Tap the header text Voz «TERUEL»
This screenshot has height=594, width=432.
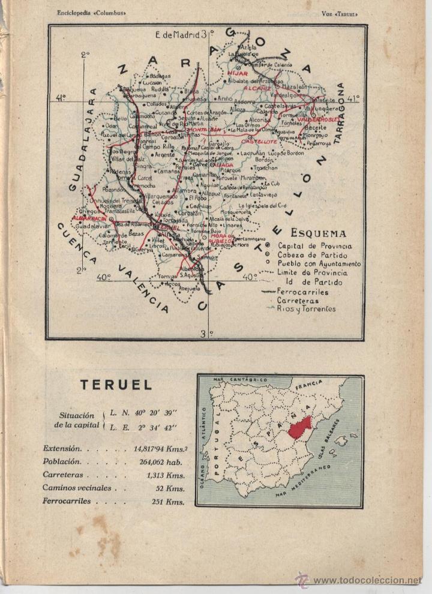coord(343,13)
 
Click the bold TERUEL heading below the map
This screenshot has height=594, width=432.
coord(116,385)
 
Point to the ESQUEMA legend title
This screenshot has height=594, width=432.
coord(318,234)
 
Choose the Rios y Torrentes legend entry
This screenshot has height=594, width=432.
coord(306,309)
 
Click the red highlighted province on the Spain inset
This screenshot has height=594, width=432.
coord(299,428)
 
